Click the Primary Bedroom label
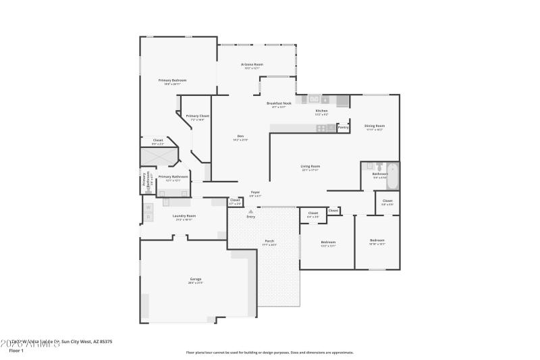click(172, 80)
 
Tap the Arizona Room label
click(252, 64)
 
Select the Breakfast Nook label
click(279, 103)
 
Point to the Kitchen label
click(322, 111)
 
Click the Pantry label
click(343, 127)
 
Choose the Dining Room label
click(374, 126)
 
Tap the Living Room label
click(310, 166)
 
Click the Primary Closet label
click(198, 115)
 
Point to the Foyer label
click(255, 192)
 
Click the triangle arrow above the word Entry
click(251, 211)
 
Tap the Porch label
click(269, 241)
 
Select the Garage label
click(195, 279)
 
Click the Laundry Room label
click(184, 215)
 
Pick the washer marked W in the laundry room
click(148, 207)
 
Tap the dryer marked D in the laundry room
click(148, 217)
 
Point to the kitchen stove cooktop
click(322, 128)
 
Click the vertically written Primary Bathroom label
click(144, 181)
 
